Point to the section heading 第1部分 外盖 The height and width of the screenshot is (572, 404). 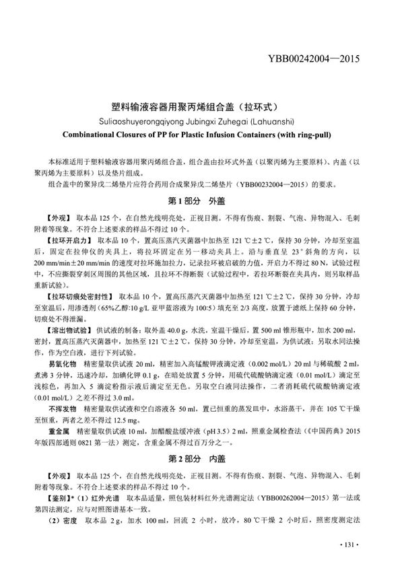[x=203, y=201]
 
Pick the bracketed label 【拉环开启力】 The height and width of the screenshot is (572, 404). [x=69, y=240]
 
